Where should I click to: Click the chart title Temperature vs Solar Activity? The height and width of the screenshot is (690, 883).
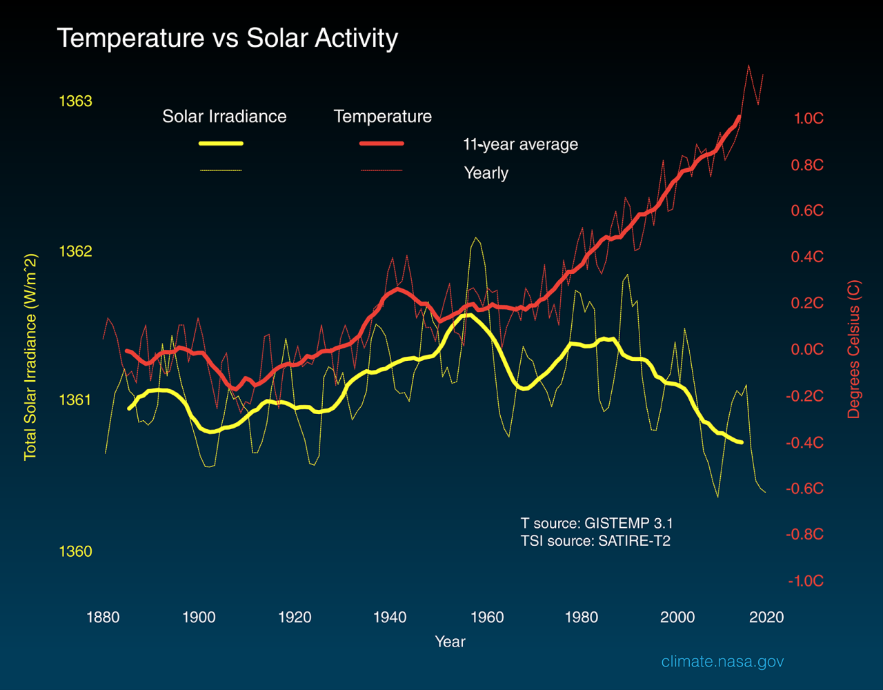[227, 38]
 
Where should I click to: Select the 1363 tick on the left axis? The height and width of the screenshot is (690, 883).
[75, 101]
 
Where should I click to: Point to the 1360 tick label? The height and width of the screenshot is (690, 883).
[75, 551]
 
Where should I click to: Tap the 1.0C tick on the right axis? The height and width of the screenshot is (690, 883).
[808, 119]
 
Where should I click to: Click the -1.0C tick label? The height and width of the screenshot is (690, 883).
[805, 581]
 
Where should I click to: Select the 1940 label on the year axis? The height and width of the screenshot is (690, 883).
[390, 617]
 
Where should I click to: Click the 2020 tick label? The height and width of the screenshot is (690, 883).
[766, 617]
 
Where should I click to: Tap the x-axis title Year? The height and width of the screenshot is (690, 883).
[450, 642]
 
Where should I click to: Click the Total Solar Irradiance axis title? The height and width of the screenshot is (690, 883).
[30, 357]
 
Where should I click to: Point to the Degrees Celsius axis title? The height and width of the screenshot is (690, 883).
[854, 349]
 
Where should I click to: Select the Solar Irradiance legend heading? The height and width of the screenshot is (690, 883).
[224, 117]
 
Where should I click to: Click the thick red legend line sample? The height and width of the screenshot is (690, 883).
[381, 144]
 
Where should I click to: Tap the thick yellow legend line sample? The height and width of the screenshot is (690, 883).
[221, 144]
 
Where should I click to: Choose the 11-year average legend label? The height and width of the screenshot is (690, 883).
[520, 145]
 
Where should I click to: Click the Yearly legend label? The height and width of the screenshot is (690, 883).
[486, 172]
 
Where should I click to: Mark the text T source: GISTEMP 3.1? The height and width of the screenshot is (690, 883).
[597, 524]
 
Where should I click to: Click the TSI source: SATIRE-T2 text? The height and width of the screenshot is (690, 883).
[595, 541]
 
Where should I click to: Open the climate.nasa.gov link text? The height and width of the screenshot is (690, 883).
[722, 662]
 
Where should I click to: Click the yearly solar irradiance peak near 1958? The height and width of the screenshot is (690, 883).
[475, 238]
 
